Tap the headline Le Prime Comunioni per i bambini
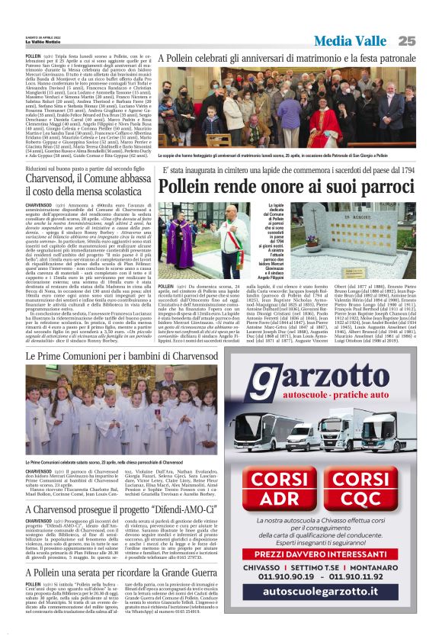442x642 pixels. pyautogui.click(x=121, y=357)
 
